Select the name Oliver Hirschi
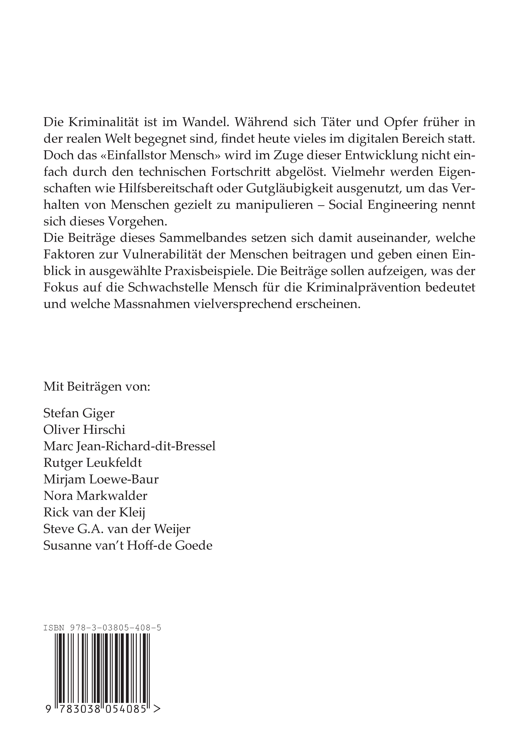click(x=84, y=430)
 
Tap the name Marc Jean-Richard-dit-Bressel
click(x=129, y=447)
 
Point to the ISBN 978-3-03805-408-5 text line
click(x=102, y=628)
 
